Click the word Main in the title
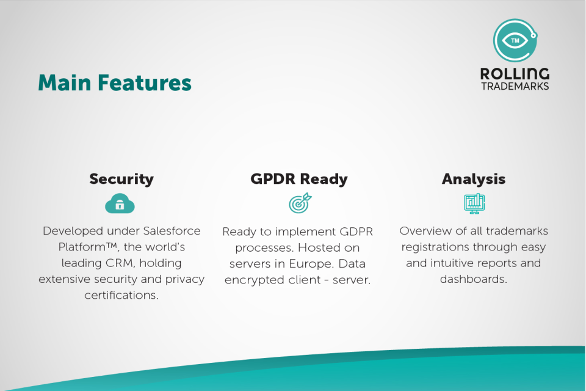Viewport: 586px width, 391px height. coord(65,82)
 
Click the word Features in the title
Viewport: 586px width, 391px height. coord(145,82)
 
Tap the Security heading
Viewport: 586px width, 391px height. coord(121,179)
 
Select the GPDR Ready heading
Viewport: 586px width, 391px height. coord(299,179)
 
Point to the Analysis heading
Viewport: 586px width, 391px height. coord(474,179)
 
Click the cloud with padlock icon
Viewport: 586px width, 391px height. coord(120,203)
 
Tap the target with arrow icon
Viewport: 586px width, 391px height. coord(300,203)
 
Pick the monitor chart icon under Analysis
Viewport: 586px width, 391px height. coord(474,203)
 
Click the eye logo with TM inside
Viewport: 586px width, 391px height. coord(515,40)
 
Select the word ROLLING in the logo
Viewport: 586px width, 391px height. coord(515,74)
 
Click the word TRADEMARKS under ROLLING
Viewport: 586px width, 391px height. coord(515,86)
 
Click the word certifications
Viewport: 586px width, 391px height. coord(121,295)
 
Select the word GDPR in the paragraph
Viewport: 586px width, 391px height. coord(356,232)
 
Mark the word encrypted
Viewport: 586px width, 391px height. coord(272,280)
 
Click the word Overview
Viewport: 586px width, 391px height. coord(425,231)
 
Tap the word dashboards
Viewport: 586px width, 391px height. coord(474,279)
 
